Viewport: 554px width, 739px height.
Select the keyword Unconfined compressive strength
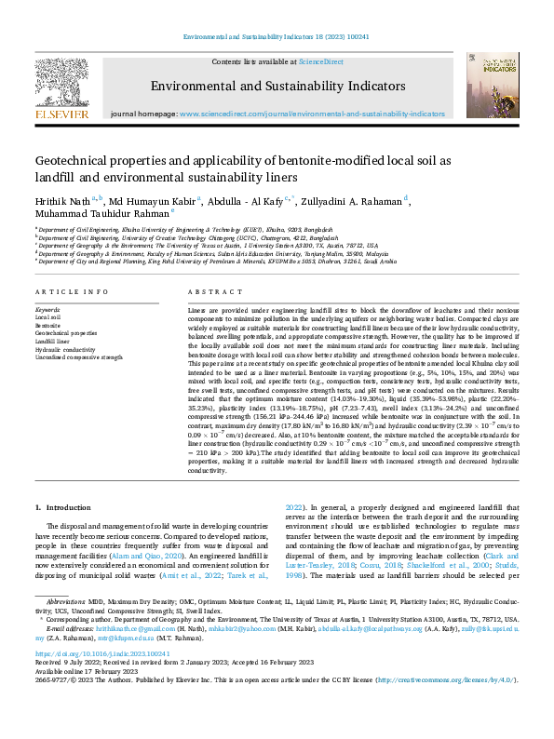[x=78, y=356]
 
